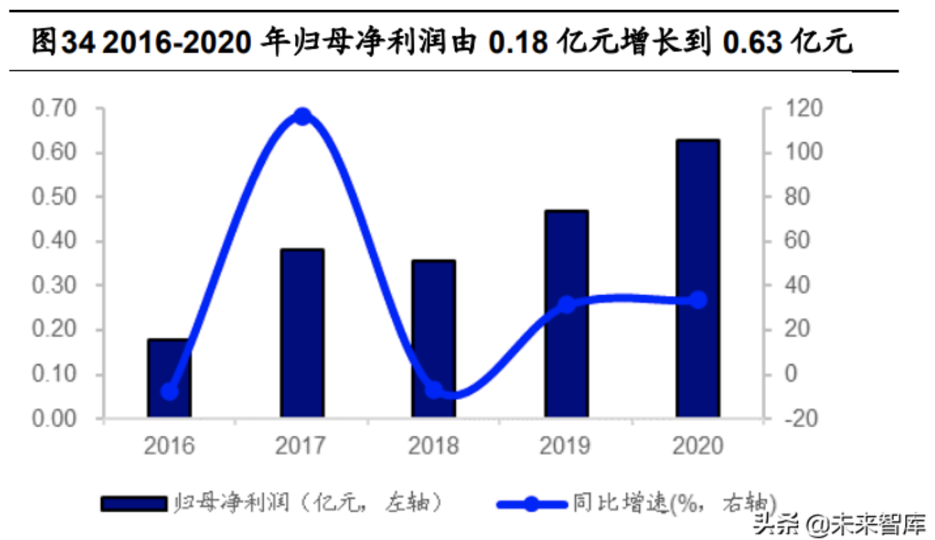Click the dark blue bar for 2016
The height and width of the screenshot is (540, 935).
(x=168, y=379)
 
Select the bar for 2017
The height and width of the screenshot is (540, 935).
(x=302, y=334)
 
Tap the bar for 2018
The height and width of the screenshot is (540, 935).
(x=433, y=340)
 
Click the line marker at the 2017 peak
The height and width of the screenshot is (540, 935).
(x=302, y=116)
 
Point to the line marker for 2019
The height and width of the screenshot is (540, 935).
(x=566, y=305)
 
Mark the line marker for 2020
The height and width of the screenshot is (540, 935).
(x=698, y=301)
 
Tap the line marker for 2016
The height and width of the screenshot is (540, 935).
(x=169, y=392)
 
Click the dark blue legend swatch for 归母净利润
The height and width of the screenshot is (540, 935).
(x=134, y=503)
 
